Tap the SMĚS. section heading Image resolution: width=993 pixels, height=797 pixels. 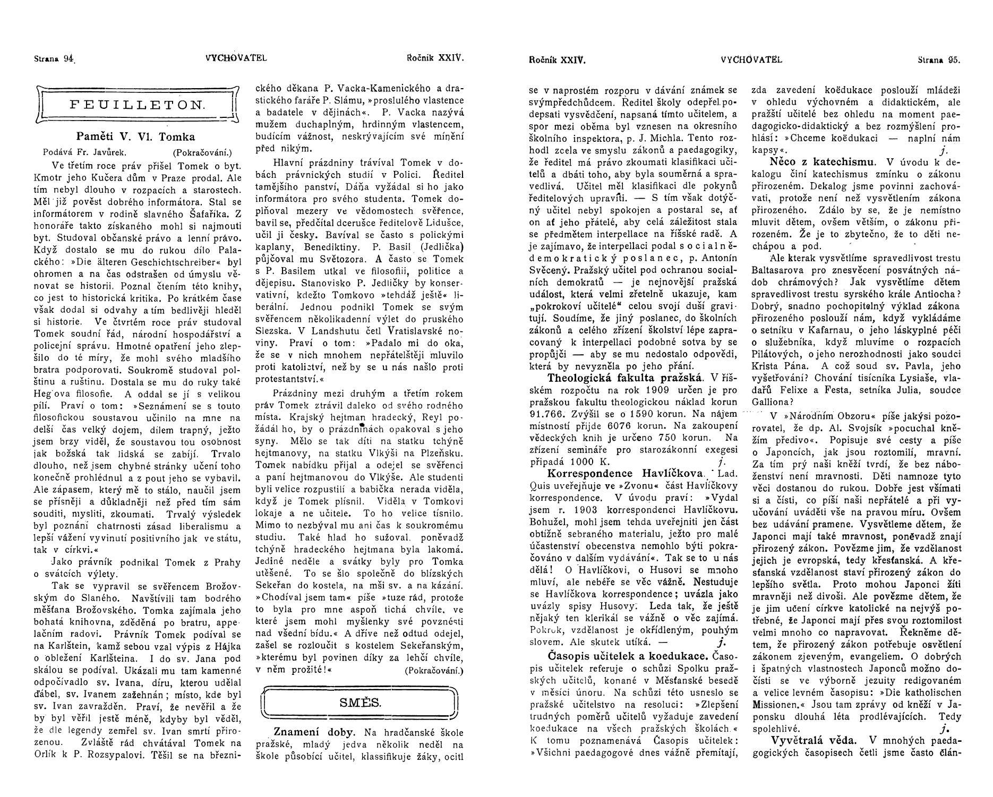pos(360,702)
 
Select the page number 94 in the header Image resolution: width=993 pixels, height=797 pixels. pos(67,59)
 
